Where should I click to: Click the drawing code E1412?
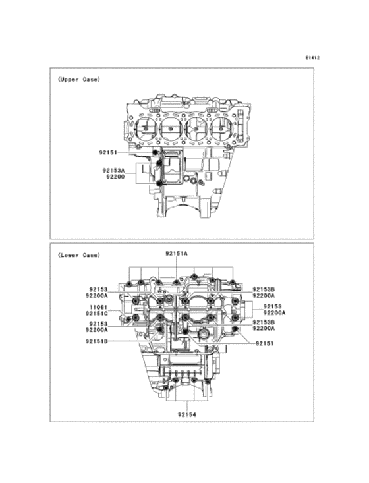click(x=312, y=58)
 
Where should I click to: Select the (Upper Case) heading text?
click(x=78, y=80)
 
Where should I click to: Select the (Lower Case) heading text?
click(x=78, y=254)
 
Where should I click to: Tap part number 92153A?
click(x=114, y=170)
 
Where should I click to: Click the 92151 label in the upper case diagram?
click(x=109, y=152)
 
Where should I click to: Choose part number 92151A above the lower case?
click(x=177, y=253)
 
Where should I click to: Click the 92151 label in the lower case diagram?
click(x=266, y=343)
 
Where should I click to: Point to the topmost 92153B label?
click(x=264, y=289)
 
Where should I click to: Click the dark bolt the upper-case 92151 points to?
click(x=156, y=153)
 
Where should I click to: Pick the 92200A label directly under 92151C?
click(x=98, y=330)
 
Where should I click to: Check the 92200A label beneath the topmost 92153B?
click(x=264, y=297)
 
